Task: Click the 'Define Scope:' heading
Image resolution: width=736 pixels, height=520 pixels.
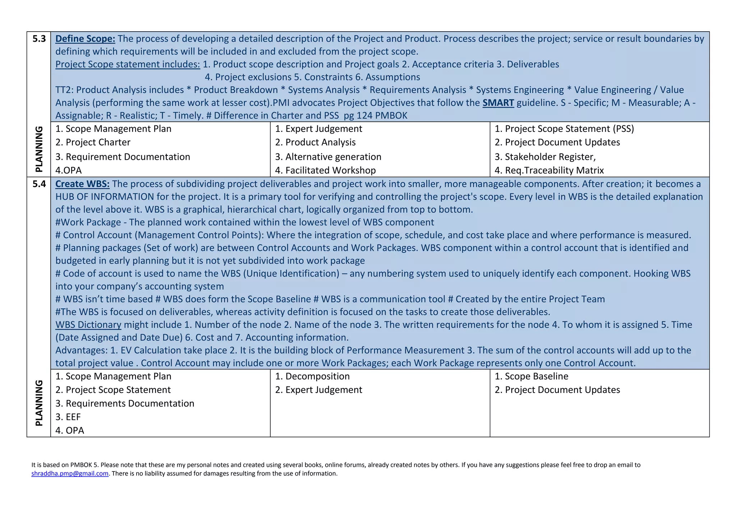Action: (85, 39)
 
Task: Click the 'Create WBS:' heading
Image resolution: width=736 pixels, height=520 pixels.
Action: (82, 184)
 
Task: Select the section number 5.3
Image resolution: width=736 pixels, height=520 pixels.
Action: (39, 39)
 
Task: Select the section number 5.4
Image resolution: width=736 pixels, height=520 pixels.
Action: (39, 184)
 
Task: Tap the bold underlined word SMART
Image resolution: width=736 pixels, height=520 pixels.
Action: (498, 103)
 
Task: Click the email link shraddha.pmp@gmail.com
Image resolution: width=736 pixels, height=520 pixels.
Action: (70, 473)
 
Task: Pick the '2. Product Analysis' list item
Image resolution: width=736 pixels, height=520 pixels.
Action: (315, 142)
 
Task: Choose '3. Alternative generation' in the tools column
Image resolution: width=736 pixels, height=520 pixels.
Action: (328, 157)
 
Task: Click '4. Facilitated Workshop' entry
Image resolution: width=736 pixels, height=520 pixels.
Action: (325, 170)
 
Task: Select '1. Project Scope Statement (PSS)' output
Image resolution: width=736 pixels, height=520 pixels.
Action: (564, 129)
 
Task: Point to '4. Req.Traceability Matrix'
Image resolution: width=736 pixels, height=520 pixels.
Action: (549, 170)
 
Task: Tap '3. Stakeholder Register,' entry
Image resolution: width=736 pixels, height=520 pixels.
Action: (545, 157)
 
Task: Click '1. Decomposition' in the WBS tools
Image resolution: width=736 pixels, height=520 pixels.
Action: (312, 376)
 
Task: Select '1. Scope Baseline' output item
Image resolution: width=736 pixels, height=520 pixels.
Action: (532, 376)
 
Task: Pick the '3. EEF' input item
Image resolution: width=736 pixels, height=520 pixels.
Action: (68, 417)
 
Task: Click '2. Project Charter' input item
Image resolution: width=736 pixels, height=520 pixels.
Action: (93, 142)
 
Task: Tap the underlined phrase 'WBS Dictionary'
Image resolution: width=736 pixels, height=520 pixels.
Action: (88, 325)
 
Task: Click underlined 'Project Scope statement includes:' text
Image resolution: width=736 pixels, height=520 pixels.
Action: (128, 64)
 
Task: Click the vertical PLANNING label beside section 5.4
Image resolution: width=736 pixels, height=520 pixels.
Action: (39, 403)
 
